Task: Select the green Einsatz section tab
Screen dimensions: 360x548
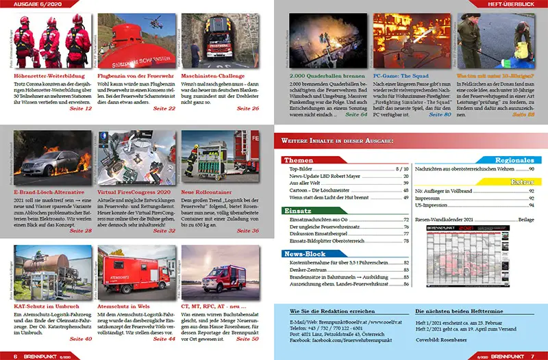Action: point(301,211)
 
